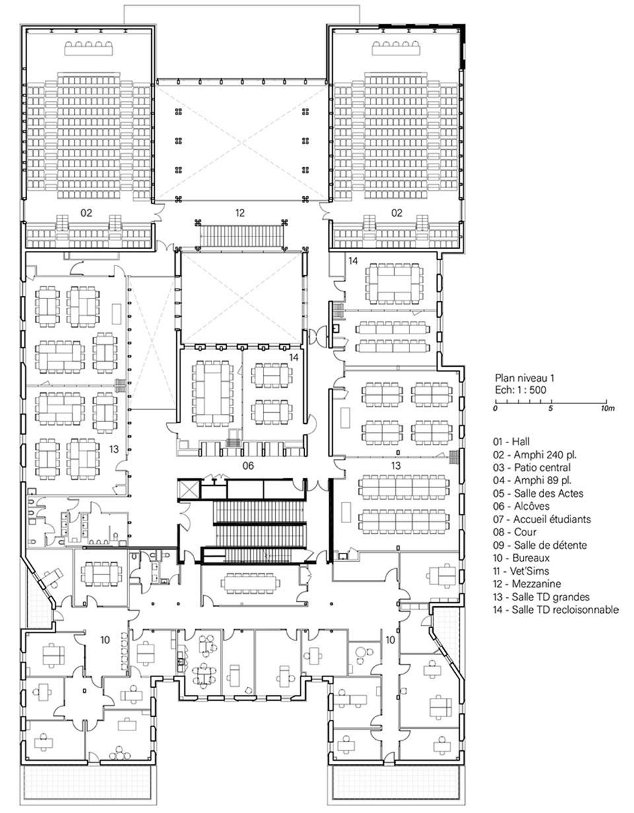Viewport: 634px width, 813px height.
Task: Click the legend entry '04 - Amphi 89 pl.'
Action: (532, 480)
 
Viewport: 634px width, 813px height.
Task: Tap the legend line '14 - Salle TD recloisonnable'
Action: (555, 610)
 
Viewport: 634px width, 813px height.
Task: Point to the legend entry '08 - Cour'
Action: (514, 532)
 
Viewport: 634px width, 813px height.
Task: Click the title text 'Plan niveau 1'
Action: (525, 378)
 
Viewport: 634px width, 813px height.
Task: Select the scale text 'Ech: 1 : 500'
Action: (520, 390)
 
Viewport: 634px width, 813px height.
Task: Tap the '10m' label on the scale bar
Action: (608, 408)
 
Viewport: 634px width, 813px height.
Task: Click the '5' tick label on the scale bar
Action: (550, 408)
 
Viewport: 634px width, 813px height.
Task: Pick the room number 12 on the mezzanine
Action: (240, 213)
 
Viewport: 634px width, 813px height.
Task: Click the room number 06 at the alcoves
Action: (248, 466)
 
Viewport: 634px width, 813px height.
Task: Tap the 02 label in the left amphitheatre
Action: (87, 213)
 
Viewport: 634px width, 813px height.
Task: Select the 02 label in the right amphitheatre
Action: (396, 213)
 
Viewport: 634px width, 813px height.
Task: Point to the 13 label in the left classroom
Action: (114, 449)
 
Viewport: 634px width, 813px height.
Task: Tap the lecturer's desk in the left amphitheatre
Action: (88, 48)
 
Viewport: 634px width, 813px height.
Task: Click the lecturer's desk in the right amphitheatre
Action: (396, 48)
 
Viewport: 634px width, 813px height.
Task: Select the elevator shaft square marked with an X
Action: (188, 489)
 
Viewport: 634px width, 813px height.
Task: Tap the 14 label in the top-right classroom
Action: (353, 261)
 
